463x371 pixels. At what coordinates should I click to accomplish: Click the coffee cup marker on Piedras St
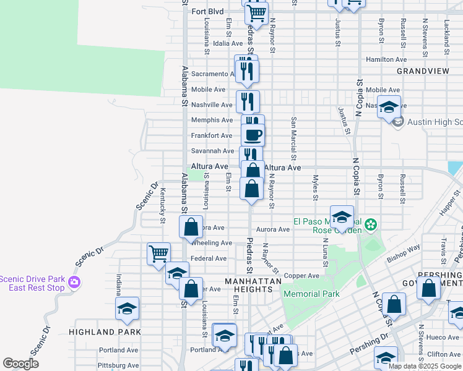(x=252, y=134)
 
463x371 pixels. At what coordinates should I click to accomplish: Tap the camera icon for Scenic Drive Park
(x=74, y=283)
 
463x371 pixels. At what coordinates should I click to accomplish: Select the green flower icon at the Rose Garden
(x=371, y=224)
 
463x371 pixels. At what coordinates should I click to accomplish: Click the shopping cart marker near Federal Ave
(x=158, y=252)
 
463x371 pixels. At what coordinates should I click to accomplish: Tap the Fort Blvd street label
(x=207, y=11)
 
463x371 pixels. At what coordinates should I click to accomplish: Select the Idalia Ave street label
(x=228, y=43)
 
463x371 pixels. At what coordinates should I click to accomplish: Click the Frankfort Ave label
(x=212, y=135)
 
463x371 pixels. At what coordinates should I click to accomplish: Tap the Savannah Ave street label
(x=212, y=151)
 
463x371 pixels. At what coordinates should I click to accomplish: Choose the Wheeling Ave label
(x=211, y=243)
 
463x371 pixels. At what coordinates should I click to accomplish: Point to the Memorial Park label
(x=311, y=294)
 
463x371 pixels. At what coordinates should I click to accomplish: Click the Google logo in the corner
(x=21, y=364)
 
